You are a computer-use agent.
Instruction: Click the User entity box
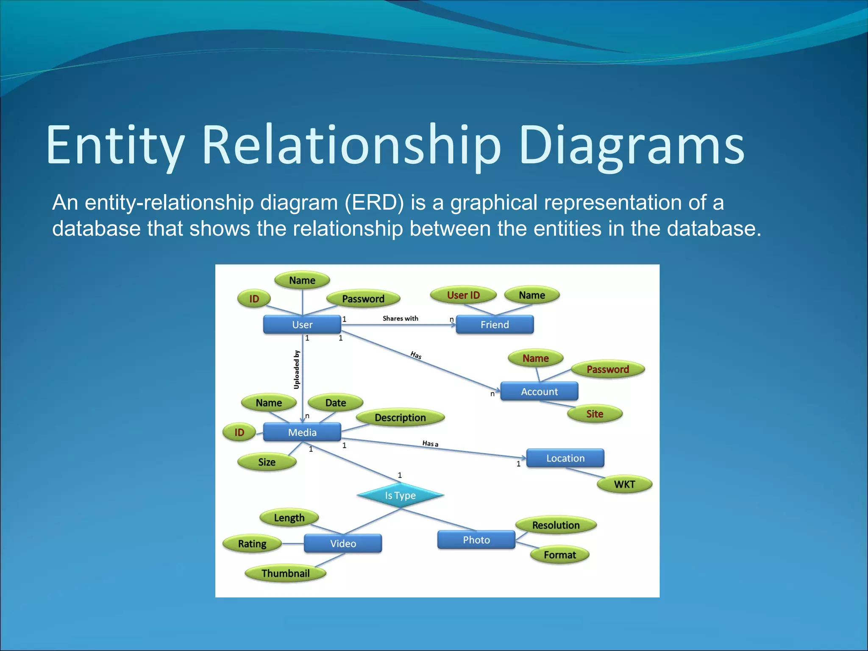[x=302, y=325]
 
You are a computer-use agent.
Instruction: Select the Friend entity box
[x=494, y=325]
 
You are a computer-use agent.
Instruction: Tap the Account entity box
[x=539, y=392]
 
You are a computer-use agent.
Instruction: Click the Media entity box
[x=302, y=432]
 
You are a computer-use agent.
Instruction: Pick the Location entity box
[x=565, y=458]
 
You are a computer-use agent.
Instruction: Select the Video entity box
[x=343, y=543]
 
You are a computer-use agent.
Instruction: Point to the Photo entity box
[x=476, y=540]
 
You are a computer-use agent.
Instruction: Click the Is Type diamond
[x=400, y=495]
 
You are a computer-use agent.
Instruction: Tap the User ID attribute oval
[x=463, y=295]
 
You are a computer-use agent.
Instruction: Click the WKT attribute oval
[x=624, y=484]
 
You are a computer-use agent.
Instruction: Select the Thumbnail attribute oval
[x=285, y=573]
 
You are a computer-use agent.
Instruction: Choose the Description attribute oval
[x=400, y=418]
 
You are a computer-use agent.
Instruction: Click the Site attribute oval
[x=595, y=414]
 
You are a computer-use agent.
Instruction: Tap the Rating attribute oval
[x=252, y=544]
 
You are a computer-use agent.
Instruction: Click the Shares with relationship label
[x=400, y=318]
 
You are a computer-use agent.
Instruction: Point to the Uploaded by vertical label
[x=297, y=370]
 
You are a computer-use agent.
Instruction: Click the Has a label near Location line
[x=430, y=444]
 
